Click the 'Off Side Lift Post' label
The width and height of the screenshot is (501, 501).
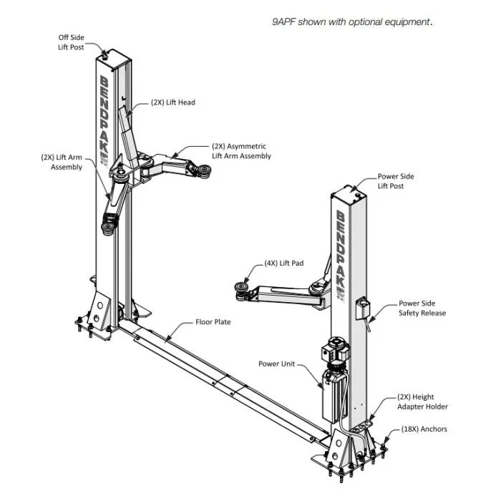(71, 42)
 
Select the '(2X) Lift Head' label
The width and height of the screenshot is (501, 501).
(173, 102)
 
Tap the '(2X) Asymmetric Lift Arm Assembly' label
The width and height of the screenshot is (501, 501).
(241, 151)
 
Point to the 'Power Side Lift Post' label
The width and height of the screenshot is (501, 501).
(396, 181)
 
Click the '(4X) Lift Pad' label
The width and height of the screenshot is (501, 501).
(283, 263)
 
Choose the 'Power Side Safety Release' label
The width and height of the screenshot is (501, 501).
(422, 308)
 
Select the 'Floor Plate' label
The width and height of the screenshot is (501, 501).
(213, 322)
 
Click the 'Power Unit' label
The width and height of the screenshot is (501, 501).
(276, 364)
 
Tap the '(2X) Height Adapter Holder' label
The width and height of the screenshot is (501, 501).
(422, 402)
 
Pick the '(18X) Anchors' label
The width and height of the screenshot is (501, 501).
(424, 429)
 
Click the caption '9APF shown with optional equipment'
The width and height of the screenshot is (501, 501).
(352, 21)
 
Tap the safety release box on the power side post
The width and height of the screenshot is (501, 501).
(362, 308)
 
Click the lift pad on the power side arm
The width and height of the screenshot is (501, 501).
(242, 291)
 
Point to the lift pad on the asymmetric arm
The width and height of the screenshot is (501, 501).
(203, 170)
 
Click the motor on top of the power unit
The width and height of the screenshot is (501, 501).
(335, 349)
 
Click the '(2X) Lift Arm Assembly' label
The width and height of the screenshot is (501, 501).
(62, 162)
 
